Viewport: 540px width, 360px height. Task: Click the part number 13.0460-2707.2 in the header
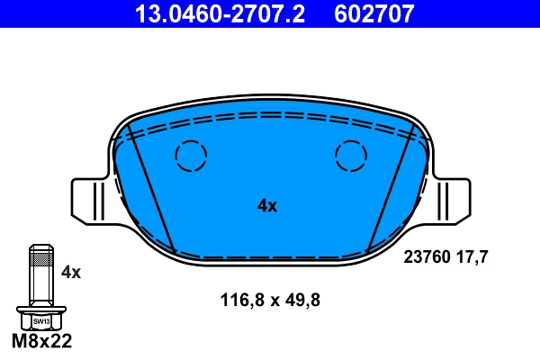pos(208,14)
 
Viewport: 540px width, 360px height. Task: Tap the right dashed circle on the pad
pos(351,157)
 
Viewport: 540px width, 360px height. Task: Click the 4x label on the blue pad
pos(267,205)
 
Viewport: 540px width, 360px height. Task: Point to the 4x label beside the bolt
pos(70,271)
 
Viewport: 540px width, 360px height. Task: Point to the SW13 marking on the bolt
pos(41,320)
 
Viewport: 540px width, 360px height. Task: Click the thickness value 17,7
pos(473,256)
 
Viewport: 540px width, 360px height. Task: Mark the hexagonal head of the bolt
pos(41,319)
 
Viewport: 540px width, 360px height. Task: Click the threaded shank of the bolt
pos(41,274)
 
